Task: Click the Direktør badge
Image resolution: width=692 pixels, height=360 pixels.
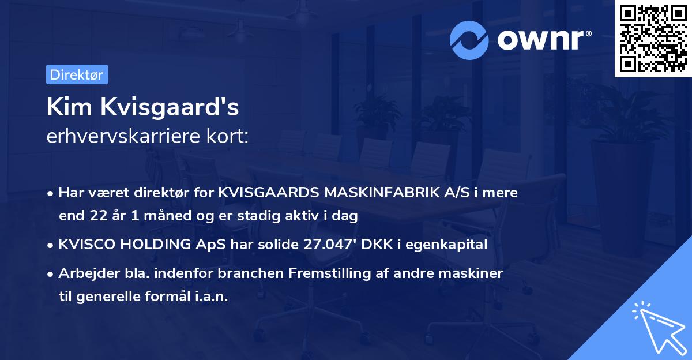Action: [x=77, y=74]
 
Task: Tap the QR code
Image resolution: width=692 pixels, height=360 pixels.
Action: [x=653, y=39]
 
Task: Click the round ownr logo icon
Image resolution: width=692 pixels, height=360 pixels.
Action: [x=469, y=40]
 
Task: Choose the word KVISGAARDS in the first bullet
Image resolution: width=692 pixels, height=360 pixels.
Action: [x=269, y=193]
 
